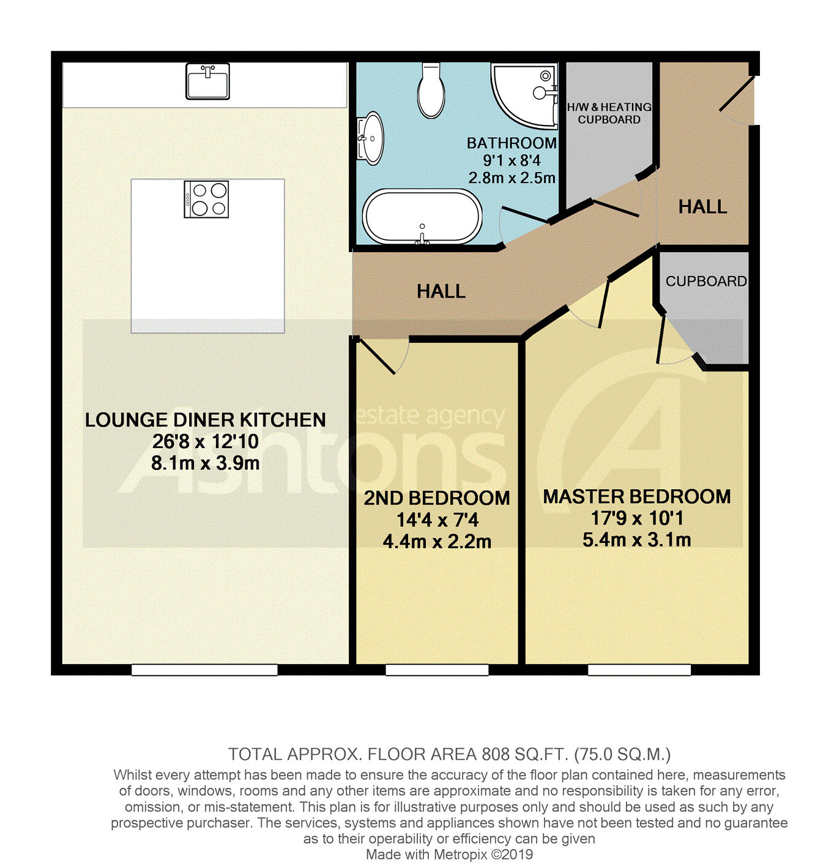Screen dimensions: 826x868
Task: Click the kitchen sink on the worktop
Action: (207, 81)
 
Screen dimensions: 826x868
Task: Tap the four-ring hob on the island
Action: (206, 199)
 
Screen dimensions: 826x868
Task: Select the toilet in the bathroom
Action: (431, 90)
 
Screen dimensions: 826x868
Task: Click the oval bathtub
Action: (422, 217)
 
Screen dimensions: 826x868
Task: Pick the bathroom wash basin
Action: (370, 138)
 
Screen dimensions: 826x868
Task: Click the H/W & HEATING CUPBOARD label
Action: (609, 113)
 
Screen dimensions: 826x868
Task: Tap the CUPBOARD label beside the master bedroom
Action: (706, 281)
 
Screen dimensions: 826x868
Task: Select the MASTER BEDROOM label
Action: (636, 496)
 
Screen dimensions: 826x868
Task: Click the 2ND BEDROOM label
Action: (437, 498)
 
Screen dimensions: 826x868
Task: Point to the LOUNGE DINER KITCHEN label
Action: (206, 420)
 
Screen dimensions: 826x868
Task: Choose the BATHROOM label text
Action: (512, 143)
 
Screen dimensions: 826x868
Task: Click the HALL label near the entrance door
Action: (702, 207)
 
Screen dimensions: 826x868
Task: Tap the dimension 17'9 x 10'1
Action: (636, 518)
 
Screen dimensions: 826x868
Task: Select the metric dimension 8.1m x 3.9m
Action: (206, 463)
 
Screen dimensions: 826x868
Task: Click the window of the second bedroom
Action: (437, 670)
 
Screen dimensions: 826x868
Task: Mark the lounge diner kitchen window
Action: (204, 670)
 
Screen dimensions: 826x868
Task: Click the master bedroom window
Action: (639, 670)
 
